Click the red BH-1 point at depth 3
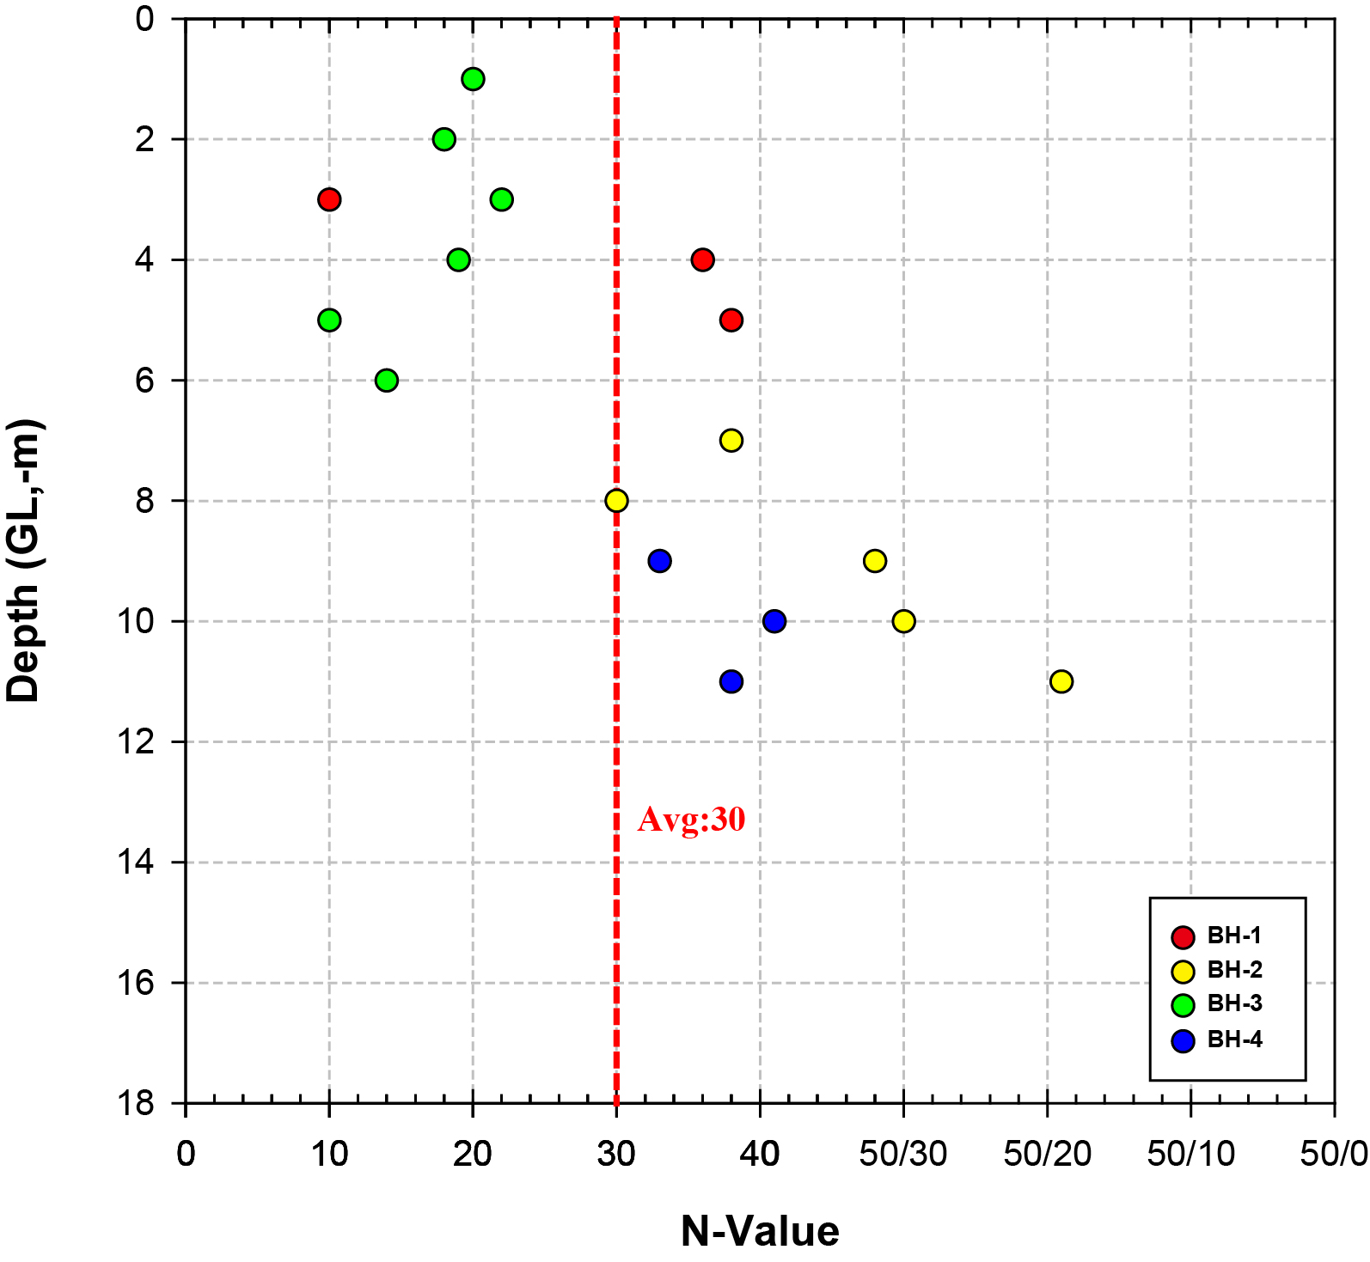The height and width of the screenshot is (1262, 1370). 329,199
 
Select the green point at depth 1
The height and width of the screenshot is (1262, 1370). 473,79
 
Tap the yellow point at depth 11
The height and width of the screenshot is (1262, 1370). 1061,681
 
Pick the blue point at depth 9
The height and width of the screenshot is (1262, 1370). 659,561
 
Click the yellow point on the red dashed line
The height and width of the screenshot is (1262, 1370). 616,501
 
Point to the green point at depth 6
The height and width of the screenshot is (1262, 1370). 387,380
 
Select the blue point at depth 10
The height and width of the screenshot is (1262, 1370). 774,621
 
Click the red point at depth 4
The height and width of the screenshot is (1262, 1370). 702,259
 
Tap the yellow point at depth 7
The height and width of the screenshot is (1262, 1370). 731,440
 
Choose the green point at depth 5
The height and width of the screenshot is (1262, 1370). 329,320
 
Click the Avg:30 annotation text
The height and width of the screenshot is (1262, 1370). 691,820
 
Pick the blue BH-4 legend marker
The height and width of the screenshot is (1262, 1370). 1183,1041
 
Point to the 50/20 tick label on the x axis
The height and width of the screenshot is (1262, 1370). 1047,1154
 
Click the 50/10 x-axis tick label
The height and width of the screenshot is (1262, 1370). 1190,1154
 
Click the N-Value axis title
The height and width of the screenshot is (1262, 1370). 760,1231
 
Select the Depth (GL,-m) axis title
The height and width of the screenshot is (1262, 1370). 24,560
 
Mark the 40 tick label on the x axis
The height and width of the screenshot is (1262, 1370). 760,1154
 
